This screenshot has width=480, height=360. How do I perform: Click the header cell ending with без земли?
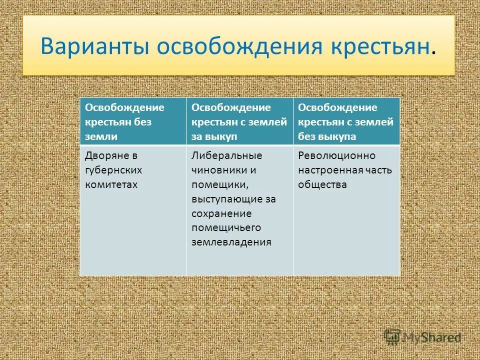(x=133, y=121)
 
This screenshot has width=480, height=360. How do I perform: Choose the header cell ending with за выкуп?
(x=239, y=121)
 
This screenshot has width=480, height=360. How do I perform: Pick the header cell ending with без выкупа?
(x=346, y=121)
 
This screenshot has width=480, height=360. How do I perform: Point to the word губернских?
(x=113, y=170)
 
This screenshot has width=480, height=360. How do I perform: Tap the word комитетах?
(x=111, y=184)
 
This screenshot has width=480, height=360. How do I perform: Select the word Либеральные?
(x=227, y=156)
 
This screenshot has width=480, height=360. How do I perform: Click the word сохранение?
(x=221, y=213)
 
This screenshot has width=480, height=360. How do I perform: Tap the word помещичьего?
(x=226, y=228)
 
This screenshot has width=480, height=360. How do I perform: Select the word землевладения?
(x=231, y=242)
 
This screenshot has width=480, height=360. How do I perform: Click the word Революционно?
(x=336, y=156)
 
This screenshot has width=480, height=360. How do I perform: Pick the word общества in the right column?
(x=322, y=184)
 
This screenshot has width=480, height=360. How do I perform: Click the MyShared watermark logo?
(x=423, y=337)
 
